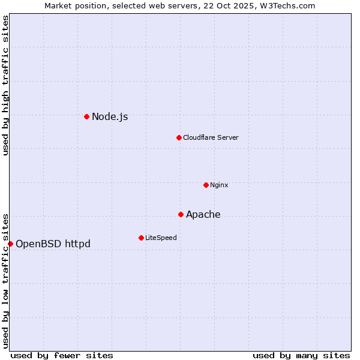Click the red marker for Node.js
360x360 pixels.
[x=87, y=116]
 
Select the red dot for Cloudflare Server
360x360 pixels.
[x=179, y=137]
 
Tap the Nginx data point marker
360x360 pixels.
[x=206, y=185]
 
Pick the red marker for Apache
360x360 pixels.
[x=181, y=214]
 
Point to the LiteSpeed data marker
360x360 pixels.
[x=141, y=238]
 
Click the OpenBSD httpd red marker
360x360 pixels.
[x=10, y=244]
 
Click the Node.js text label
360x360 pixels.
[x=110, y=117]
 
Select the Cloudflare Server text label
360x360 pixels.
[x=211, y=138]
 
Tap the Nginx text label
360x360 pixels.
[x=219, y=185]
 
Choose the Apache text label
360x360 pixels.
[x=203, y=215]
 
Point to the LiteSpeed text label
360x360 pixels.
[x=161, y=238]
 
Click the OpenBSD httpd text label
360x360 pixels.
[x=53, y=244]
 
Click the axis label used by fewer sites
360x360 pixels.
[x=62, y=356]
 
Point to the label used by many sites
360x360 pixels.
[x=301, y=356]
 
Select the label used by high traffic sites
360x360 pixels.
[x=5, y=85]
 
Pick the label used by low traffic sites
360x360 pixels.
[x=5, y=280]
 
